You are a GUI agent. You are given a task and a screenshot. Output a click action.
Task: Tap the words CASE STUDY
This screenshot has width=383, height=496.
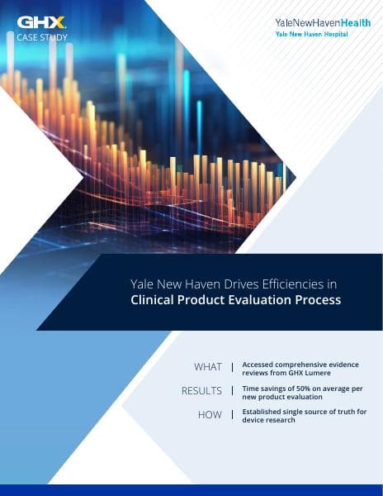click(x=42, y=37)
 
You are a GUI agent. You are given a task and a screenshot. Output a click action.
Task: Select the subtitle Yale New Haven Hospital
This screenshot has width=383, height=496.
click(x=311, y=35)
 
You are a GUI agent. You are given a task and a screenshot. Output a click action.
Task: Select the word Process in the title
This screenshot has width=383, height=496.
click(x=318, y=300)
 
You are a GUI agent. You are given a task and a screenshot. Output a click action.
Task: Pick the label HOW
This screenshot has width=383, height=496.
click(x=210, y=415)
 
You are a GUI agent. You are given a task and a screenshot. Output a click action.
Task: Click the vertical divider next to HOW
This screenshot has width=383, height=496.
click(x=232, y=415)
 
